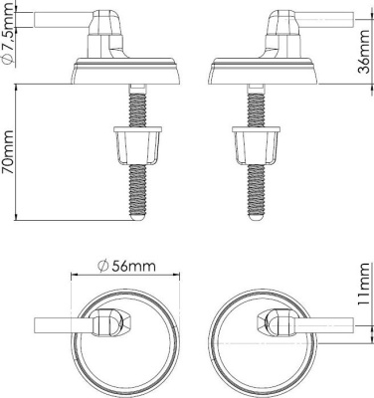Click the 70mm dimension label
coord(7,152)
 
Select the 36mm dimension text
coord(364,52)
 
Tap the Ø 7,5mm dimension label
coord(7,34)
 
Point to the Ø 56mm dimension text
coord(127,267)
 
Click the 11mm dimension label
coord(363,285)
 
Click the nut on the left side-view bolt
coord(137,145)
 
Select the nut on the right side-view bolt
coord(256,145)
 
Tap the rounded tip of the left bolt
coord(137,216)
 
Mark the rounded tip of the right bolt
coord(256,216)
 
